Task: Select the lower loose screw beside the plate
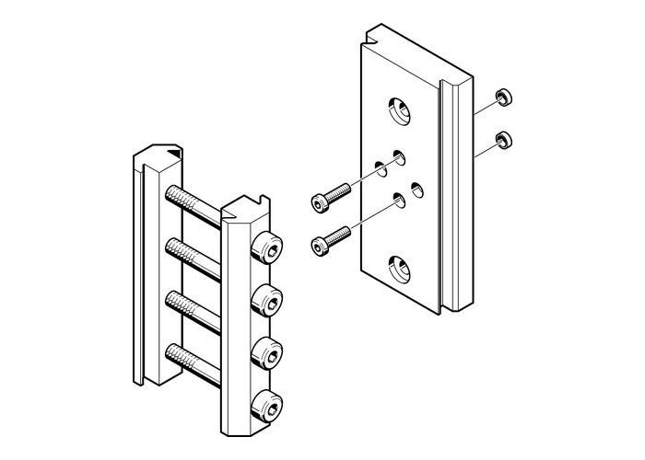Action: point(333,238)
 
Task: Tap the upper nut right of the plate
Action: point(503,98)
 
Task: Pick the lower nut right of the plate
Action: point(503,141)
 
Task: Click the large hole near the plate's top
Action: point(401,109)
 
